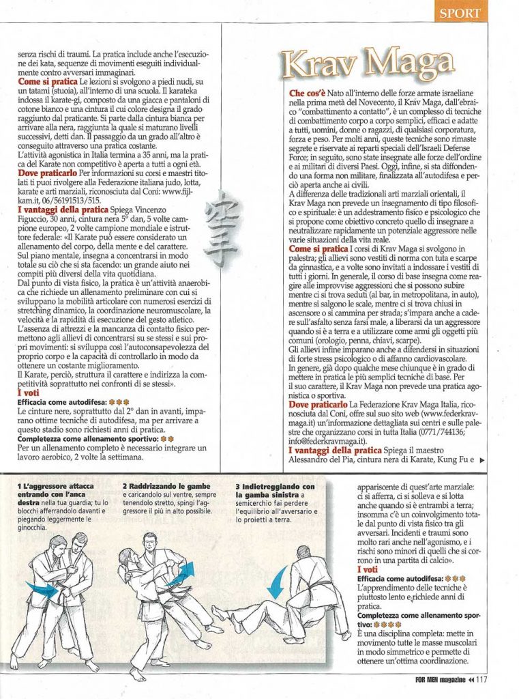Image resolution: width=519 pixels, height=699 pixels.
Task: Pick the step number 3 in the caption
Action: pyautogui.click(x=236, y=485)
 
